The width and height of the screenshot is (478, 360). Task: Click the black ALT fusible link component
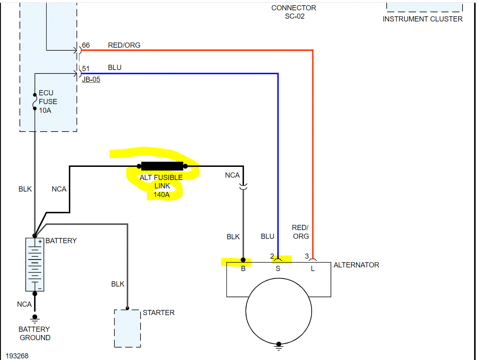pyautogui.click(x=162, y=166)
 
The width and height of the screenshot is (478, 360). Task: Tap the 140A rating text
pyautogui.click(x=162, y=195)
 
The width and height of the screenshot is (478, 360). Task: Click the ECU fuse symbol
pyautogui.click(x=35, y=102)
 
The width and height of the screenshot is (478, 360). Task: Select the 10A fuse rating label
pyautogui.click(x=45, y=110)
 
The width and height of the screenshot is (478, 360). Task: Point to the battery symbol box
pyautogui.click(x=35, y=264)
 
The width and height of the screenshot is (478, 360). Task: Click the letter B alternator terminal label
pyautogui.click(x=243, y=269)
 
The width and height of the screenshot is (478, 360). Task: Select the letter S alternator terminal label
pyautogui.click(x=278, y=269)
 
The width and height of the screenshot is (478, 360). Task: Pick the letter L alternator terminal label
pyautogui.click(x=312, y=269)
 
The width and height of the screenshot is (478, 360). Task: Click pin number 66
pyautogui.click(x=86, y=45)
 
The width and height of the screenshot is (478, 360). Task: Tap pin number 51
pyautogui.click(x=86, y=68)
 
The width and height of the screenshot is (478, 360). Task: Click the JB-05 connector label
pyautogui.click(x=91, y=79)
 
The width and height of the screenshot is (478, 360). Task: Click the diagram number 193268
pyautogui.click(x=17, y=356)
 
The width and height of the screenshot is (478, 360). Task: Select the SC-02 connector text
pyautogui.click(x=294, y=16)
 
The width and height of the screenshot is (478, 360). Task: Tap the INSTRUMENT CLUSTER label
pyautogui.click(x=422, y=19)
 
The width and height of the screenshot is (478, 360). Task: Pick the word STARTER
pyautogui.click(x=158, y=313)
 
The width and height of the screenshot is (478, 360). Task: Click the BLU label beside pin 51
pyautogui.click(x=115, y=68)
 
